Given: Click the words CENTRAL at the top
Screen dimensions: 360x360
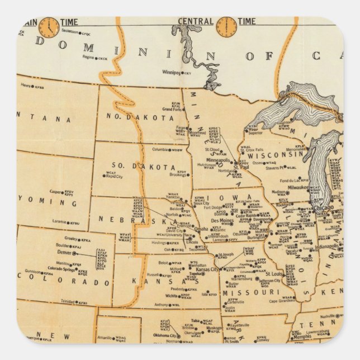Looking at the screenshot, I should coord(196,22).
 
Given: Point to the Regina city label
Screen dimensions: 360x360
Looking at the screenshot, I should coord(89,58).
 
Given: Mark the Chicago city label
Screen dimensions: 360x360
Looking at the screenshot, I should coord(323,207).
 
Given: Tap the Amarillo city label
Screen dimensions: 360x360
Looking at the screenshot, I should coord(103,339).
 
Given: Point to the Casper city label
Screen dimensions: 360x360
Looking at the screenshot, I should coord(56,191).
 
